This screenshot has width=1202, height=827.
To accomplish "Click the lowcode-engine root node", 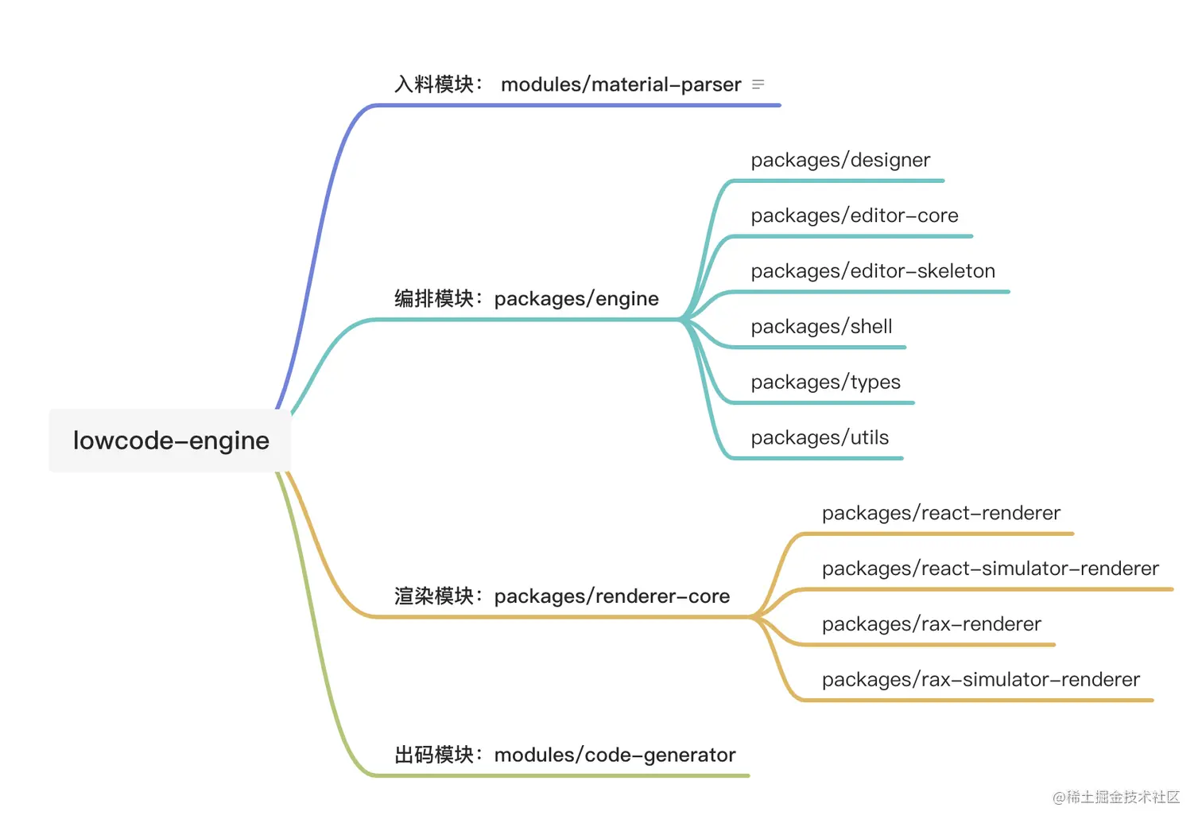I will click(x=170, y=441).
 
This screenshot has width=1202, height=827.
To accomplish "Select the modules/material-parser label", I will click(x=620, y=84).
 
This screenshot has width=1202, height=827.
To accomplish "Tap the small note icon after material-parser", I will click(x=758, y=84).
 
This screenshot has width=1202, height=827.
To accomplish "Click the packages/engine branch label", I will click(x=576, y=299).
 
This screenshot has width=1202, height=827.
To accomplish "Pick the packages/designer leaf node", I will click(x=840, y=160).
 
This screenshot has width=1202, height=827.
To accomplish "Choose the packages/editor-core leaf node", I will click(x=855, y=215).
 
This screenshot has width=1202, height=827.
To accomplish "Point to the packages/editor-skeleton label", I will click(x=873, y=271).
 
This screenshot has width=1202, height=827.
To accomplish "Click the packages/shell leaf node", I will click(x=821, y=327).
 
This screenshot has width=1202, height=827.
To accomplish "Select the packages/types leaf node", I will click(x=825, y=382).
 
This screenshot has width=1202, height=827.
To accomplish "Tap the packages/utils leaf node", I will click(x=820, y=437).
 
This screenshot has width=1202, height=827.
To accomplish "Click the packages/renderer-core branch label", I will click(x=611, y=596).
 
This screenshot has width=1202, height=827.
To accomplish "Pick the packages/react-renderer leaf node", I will click(x=940, y=513).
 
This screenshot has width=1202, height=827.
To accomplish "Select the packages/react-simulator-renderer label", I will click(x=990, y=569).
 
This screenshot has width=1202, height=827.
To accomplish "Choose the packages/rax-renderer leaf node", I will click(x=931, y=624).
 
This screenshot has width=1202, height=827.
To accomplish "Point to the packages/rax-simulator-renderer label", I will click(x=980, y=680).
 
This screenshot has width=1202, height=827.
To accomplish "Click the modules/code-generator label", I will click(x=615, y=755).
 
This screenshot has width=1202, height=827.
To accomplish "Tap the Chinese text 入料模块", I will click(x=434, y=84).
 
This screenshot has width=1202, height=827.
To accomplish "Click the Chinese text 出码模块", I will click(x=434, y=755).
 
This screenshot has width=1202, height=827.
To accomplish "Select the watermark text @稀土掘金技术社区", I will click(x=1116, y=797).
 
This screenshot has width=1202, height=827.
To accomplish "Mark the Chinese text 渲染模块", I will click(x=434, y=596).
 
